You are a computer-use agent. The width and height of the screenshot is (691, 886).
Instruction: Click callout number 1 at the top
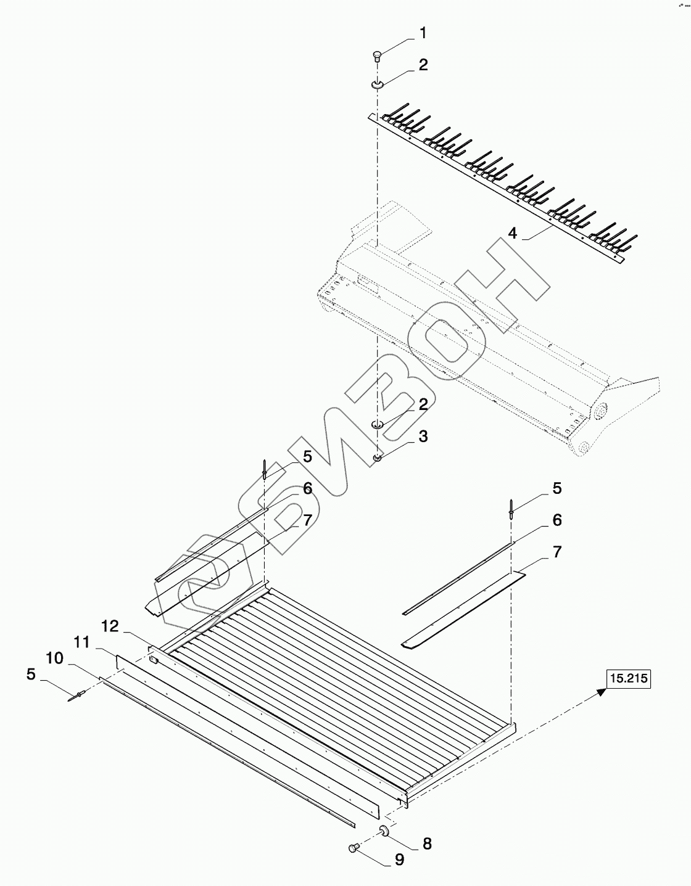click(x=423, y=33)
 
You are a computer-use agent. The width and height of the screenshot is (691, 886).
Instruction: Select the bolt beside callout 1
click(x=378, y=56)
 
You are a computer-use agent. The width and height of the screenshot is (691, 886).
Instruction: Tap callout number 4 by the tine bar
click(x=512, y=233)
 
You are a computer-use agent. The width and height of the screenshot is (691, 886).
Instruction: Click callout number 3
click(x=423, y=437)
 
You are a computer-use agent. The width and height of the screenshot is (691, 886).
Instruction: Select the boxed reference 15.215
click(x=628, y=679)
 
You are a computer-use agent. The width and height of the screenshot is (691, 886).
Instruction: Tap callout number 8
click(x=427, y=843)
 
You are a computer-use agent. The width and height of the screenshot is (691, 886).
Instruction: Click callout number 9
click(x=399, y=859)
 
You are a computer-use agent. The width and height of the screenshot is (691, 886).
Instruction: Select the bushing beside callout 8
click(x=383, y=832)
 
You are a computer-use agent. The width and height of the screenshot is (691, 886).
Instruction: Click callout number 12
click(x=110, y=626)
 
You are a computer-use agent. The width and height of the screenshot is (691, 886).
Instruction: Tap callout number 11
click(x=82, y=642)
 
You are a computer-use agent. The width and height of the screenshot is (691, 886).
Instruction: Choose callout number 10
click(x=54, y=658)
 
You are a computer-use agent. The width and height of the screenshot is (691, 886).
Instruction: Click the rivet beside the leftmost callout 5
click(x=78, y=697)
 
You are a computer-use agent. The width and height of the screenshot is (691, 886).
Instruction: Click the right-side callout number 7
click(x=557, y=552)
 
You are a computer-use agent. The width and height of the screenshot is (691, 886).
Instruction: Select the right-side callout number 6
click(x=557, y=520)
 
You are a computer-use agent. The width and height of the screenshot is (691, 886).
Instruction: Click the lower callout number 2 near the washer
click(x=423, y=404)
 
